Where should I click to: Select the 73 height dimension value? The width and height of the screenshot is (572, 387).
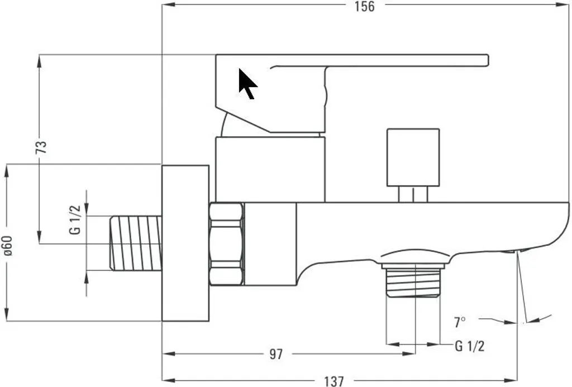coord(41,147)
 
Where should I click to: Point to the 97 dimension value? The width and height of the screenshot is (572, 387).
coord(276,354)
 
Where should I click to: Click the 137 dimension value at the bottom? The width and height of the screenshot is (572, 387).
coord(334,381)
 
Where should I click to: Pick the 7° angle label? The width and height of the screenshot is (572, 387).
coord(460,322)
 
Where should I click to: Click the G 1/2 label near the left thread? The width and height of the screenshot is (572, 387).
coord(76,220)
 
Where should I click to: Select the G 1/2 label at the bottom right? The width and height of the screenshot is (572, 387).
coord(469,346)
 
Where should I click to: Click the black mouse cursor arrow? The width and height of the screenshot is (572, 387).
coord(247,84)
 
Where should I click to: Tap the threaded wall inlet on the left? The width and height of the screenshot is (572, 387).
coord(136,243)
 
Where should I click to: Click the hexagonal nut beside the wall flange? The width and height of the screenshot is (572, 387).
coord(226,243)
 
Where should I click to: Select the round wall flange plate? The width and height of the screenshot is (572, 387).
coord(185,243)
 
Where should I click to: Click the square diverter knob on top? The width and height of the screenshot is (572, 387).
coord(413,157)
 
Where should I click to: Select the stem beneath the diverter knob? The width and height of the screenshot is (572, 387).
coord(413,194)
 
